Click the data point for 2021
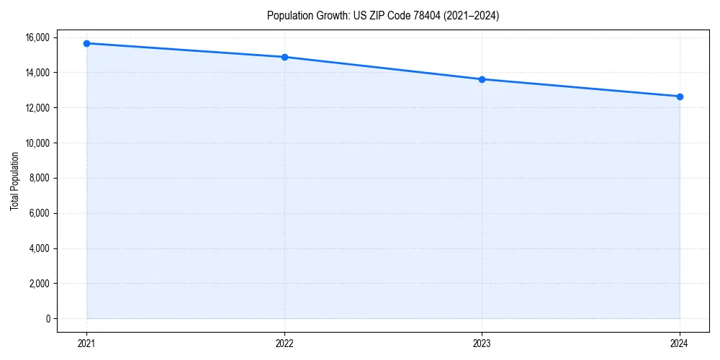[86, 43]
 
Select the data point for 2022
[284, 57]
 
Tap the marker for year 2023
[482, 79]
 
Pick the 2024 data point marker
[680, 96]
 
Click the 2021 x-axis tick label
[86, 343]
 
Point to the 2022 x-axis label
[284, 343]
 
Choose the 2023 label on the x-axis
[482, 343]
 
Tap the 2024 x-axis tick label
[680, 343]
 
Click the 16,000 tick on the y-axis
[37, 37]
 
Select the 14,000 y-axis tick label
[37, 73]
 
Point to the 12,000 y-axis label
[37, 108]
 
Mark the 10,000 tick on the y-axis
[37, 143]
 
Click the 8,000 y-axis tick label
[40, 179]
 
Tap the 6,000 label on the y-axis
[40, 213]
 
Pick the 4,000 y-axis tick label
[40, 248]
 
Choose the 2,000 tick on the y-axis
[40, 284]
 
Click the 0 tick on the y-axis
[48, 319]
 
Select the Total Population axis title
[14, 181]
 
